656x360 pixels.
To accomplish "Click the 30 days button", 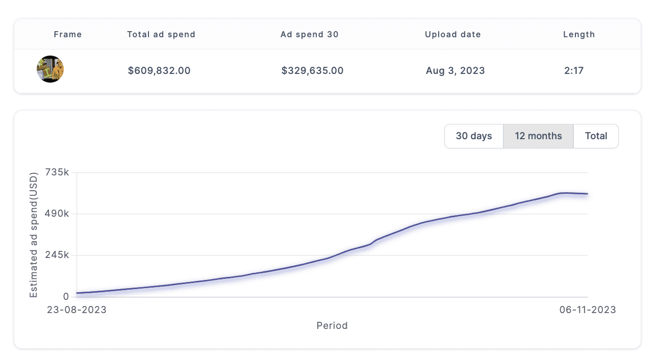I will click(474, 136).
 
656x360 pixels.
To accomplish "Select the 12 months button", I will click(538, 136).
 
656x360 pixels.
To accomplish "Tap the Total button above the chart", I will click(596, 136).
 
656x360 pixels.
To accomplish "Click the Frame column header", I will click(68, 35).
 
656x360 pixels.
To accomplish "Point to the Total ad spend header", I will click(161, 35).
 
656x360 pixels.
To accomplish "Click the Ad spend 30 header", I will click(310, 35).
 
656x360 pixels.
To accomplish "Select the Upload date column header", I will click(453, 35).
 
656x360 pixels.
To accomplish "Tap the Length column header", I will click(579, 35).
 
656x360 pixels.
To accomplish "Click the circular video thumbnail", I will click(50, 69).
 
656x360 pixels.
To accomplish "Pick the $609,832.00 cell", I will click(159, 71).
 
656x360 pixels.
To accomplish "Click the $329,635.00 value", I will click(313, 71).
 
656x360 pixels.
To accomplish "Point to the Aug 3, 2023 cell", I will click(456, 71).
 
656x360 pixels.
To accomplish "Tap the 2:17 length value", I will click(574, 71).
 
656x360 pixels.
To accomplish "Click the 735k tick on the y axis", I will click(57, 172).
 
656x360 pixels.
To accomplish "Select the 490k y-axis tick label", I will click(57, 214).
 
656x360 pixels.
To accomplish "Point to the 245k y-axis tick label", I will click(57, 255).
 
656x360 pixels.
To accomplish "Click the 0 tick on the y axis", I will click(66, 297).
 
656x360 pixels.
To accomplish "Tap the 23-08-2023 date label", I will click(77, 310).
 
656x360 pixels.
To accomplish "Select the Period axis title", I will click(332, 325).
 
